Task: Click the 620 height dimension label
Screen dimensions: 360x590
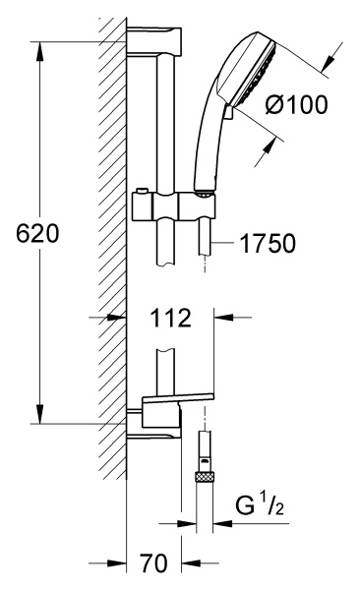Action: click(37, 233)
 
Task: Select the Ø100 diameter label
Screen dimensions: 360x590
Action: click(296, 104)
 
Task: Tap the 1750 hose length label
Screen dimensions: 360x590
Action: click(268, 244)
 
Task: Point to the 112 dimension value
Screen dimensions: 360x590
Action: click(171, 318)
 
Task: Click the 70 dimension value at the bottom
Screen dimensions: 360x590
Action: click(153, 563)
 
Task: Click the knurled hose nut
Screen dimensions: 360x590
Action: click(205, 477)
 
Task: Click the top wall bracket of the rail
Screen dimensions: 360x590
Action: click(154, 41)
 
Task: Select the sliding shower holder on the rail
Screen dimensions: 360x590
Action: click(174, 206)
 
